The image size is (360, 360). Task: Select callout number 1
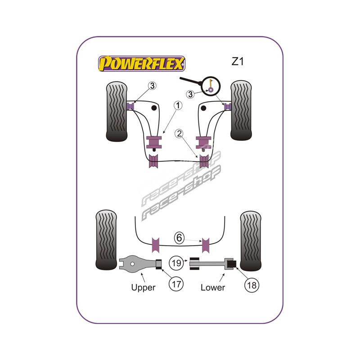click(178, 106)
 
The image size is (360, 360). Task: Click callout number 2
click(180, 133)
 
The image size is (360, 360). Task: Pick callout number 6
click(180, 238)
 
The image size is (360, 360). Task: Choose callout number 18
click(251, 284)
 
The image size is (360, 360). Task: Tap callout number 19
click(176, 262)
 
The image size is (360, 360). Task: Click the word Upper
click(143, 287)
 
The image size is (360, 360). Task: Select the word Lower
click(213, 287)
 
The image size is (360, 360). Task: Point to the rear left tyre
click(106, 241)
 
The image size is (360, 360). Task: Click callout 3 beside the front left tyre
click(140, 86)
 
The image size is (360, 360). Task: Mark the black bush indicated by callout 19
click(194, 262)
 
